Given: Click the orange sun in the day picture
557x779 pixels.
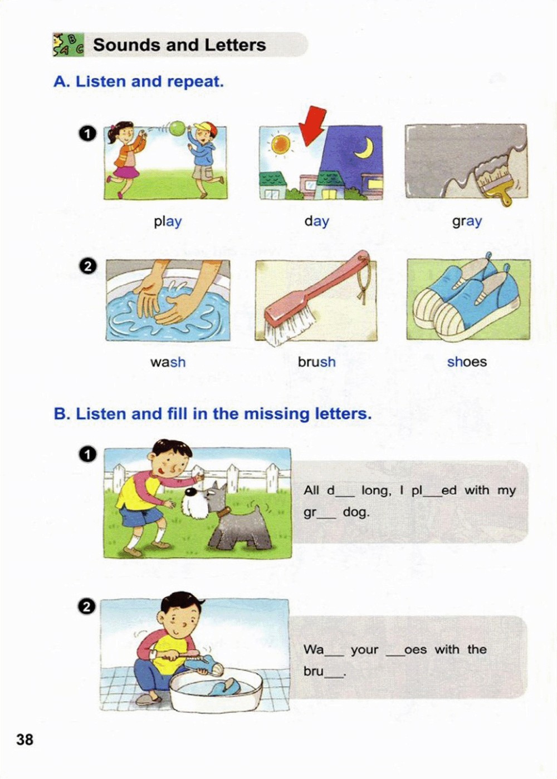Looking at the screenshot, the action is point(281,145).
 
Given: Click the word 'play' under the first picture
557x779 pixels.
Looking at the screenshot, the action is point(168,221).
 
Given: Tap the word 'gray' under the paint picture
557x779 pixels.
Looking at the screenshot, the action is point(467,221).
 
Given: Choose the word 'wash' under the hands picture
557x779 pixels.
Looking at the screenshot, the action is point(168,362).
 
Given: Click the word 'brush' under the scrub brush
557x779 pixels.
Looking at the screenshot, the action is point(317,362).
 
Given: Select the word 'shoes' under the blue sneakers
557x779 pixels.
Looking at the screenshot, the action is point(467,362).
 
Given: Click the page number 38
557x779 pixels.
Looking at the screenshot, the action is point(25,739).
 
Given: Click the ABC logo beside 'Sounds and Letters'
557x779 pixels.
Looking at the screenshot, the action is point(68,45).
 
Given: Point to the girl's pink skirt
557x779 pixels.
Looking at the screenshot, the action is point(123,172).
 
